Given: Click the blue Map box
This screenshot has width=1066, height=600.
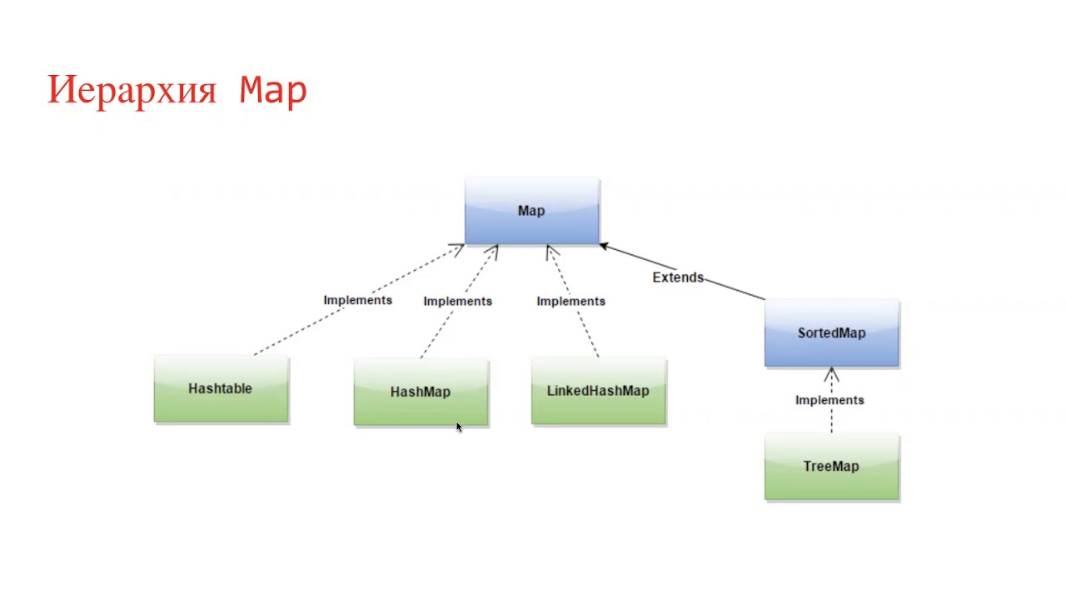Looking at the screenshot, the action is pyautogui.click(x=531, y=211).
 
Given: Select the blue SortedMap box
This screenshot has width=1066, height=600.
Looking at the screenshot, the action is pyautogui.click(x=831, y=332).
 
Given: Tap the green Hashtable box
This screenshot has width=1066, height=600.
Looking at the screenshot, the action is pyautogui.click(x=221, y=389).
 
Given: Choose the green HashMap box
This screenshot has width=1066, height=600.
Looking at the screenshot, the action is pyautogui.click(x=421, y=392).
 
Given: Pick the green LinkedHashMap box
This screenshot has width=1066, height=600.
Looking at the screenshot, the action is pyautogui.click(x=598, y=391).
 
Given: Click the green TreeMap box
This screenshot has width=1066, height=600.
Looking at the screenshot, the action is pyautogui.click(x=831, y=467).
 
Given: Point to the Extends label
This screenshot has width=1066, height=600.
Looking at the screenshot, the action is pyautogui.click(x=678, y=277).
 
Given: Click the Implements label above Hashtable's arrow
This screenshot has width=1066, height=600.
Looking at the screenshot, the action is pyautogui.click(x=357, y=300).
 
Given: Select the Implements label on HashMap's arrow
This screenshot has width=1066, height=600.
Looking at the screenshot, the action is pyautogui.click(x=457, y=301).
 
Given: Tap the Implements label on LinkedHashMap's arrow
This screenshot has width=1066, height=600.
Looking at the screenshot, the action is pyautogui.click(x=570, y=301).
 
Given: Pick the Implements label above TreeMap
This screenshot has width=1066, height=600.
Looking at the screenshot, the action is pyautogui.click(x=829, y=400).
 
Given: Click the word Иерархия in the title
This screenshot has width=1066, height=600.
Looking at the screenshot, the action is pyautogui.click(x=132, y=90).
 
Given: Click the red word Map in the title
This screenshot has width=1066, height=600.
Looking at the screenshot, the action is pyautogui.click(x=273, y=90).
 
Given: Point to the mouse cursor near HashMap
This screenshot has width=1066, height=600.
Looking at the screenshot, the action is pyautogui.click(x=459, y=427).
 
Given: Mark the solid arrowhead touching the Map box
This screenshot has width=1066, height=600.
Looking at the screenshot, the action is pyautogui.click(x=605, y=247).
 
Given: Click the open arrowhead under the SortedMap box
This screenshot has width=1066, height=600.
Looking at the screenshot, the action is pyautogui.click(x=831, y=374).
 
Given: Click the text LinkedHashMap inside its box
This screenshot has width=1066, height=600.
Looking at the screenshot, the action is pyautogui.click(x=598, y=391).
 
